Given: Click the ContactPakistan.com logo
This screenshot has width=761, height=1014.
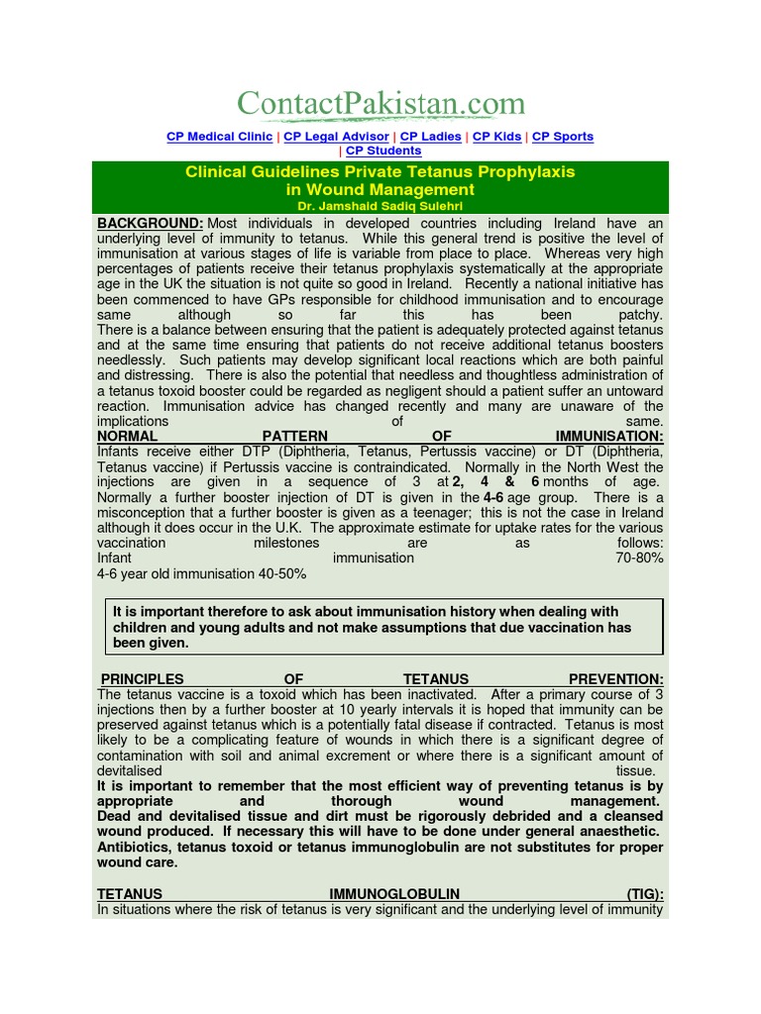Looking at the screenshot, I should coord(380,103).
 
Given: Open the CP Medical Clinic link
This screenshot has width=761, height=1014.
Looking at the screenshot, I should coord(219,137).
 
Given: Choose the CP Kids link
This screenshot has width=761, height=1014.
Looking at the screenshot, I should coord(496,137).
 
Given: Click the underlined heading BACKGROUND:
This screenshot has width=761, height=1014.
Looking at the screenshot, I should coord(150,224).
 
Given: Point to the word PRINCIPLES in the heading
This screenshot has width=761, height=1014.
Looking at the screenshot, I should coord(143,679).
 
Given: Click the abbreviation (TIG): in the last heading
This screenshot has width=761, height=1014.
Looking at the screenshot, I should coord(645,894).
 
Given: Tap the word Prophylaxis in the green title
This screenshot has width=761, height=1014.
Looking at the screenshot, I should coord(523,171).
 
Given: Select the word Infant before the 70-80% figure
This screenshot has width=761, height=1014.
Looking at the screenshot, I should coord(114,558).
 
